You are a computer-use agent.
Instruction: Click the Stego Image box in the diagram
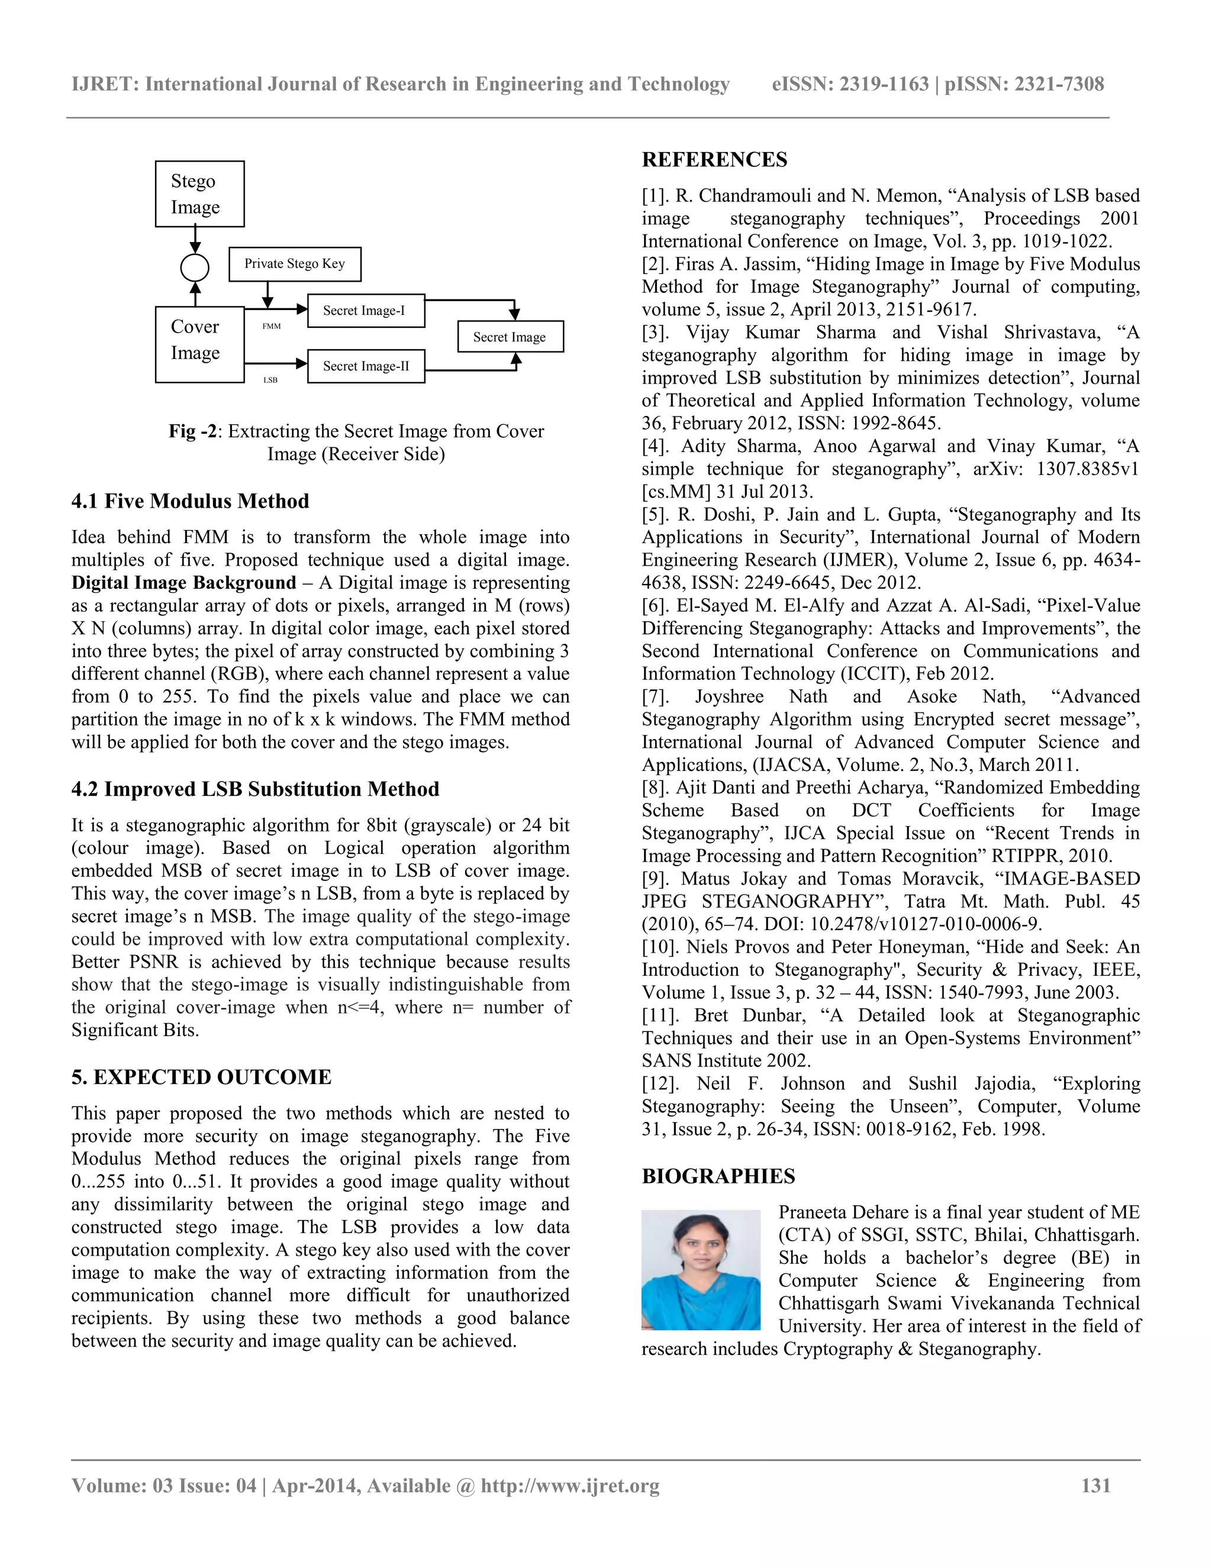[199, 194]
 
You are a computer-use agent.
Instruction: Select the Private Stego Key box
[294, 263]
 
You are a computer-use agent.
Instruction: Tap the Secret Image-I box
[366, 310]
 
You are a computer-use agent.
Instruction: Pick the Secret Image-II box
[366, 366]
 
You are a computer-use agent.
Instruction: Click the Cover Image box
[199, 344]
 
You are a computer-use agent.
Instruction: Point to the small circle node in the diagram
[195, 268]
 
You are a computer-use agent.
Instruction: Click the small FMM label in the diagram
[272, 326]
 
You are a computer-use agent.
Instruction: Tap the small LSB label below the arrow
[270, 380]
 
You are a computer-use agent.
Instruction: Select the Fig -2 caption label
[192, 431]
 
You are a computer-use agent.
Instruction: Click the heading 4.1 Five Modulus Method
[191, 501]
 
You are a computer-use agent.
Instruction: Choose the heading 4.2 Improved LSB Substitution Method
[255, 788]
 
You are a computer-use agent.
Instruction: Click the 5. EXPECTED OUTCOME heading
[201, 1076]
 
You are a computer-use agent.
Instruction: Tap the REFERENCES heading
[714, 159]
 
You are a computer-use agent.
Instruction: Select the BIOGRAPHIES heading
[718, 1176]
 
